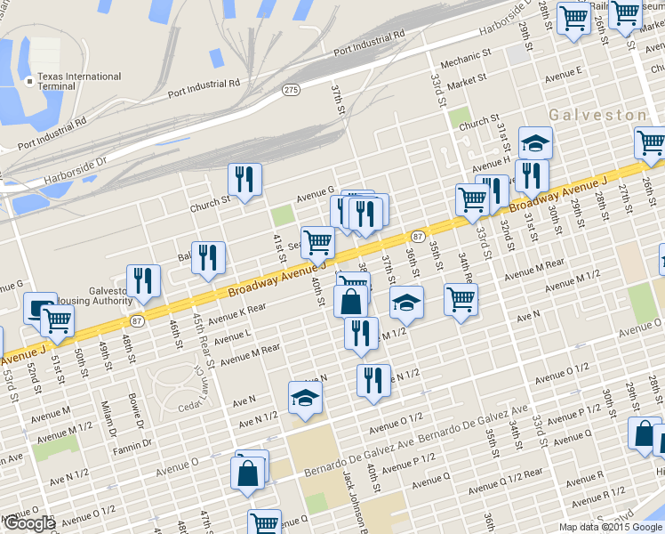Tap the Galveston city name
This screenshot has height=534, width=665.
click(597, 116)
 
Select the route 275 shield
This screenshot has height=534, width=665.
click(291, 90)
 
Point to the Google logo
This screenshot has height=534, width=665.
click(28, 523)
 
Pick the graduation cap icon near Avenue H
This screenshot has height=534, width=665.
click(535, 142)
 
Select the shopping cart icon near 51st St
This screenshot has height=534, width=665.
click(58, 320)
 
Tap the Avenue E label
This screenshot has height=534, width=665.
click(564, 75)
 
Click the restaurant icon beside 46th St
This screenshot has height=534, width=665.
click(208, 257)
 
